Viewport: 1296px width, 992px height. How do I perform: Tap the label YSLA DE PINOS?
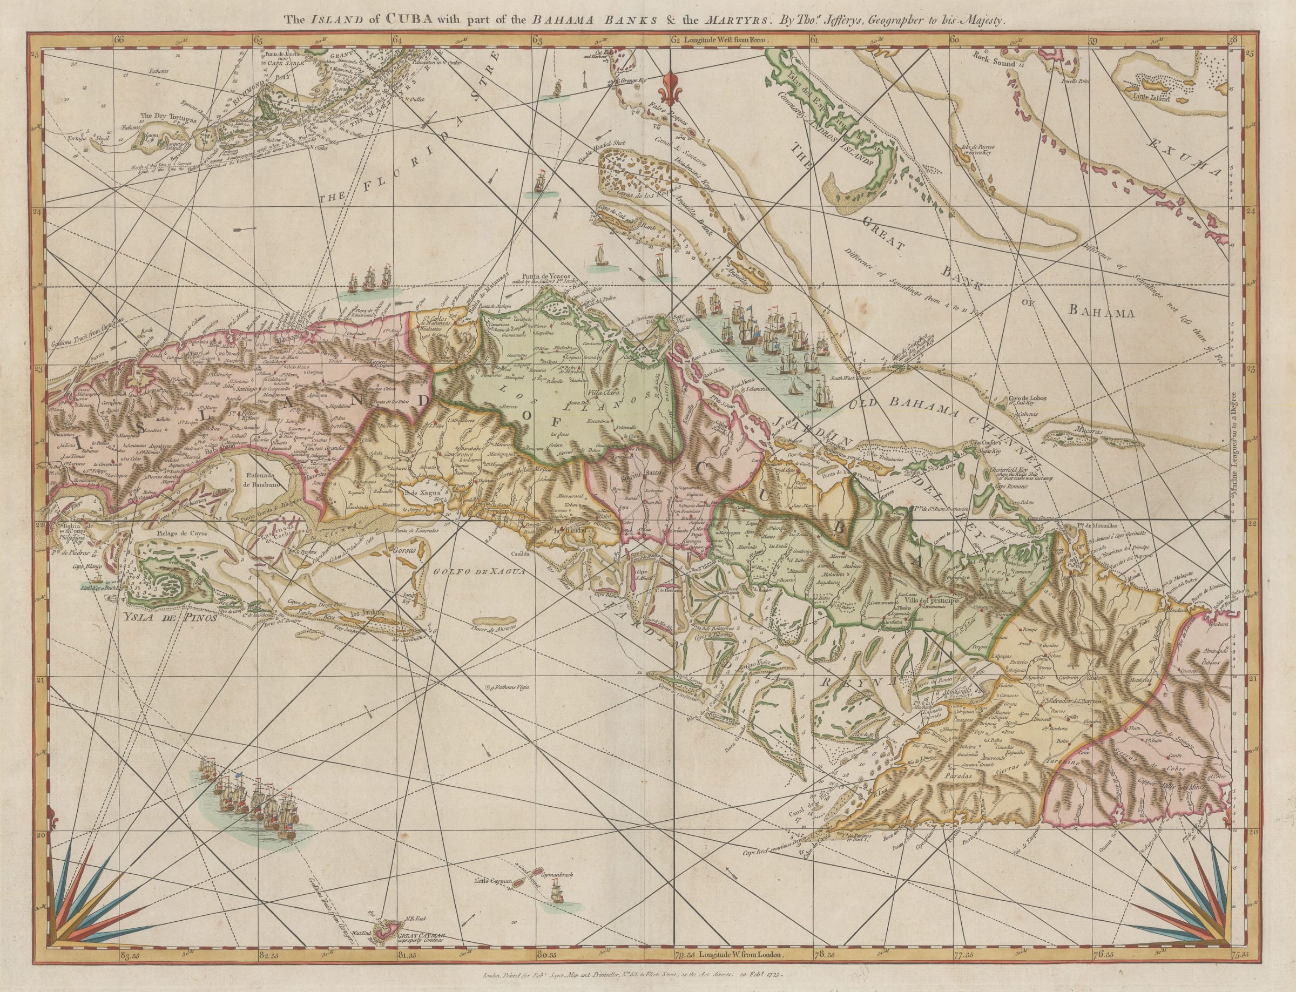coord(171,619)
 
